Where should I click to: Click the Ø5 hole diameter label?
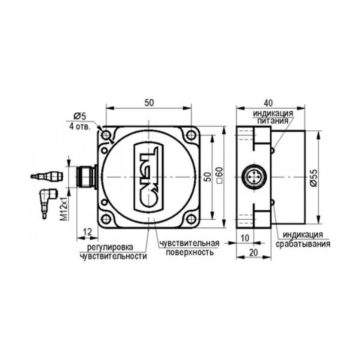[x=79, y=116]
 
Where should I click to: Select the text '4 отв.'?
[x=80, y=127]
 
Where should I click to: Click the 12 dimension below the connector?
[x=88, y=232]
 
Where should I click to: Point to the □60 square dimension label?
[x=220, y=175]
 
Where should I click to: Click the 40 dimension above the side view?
[x=268, y=103]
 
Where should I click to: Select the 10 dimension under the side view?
[x=245, y=238]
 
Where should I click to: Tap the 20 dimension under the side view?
[x=253, y=253]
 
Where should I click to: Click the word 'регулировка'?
[x=110, y=247]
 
